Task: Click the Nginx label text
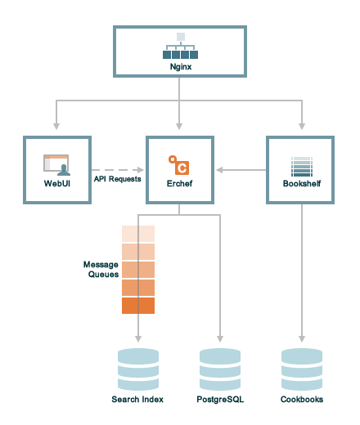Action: click(x=181, y=67)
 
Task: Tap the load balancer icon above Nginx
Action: click(x=180, y=46)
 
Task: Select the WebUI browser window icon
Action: click(x=56, y=165)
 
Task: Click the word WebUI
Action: click(x=57, y=183)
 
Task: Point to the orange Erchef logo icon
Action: click(x=179, y=165)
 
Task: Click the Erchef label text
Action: click(x=179, y=183)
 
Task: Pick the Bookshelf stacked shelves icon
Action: click(x=302, y=167)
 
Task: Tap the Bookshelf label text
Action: click(x=302, y=183)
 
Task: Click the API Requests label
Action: click(x=118, y=179)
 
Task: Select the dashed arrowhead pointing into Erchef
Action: click(x=141, y=170)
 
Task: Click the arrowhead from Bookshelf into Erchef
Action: click(x=219, y=170)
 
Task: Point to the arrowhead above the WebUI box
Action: click(x=56, y=126)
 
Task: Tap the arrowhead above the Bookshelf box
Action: click(x=302, y=126)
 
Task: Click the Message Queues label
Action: click(x=101, y=269)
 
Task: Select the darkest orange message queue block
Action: click(x=138, y=306)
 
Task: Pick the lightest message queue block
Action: click(x=138, y=234)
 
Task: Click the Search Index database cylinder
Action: click(x=138, y=369)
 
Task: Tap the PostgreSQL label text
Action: click(x=220, y=400)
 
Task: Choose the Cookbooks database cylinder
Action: click(x=302, y=369)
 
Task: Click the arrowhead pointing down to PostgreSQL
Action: click(x=220, y=338)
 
